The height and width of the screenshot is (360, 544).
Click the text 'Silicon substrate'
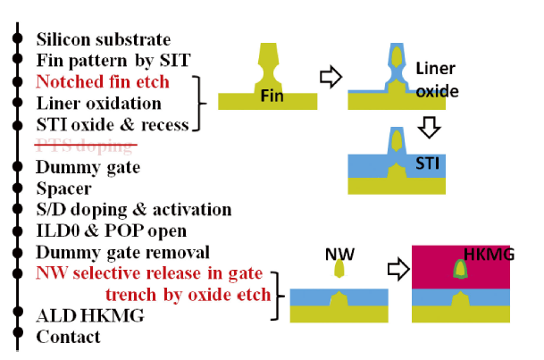(x=103, y=39)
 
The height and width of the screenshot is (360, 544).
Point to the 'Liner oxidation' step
(x=98, y=104)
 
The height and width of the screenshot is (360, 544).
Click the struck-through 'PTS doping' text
(x=86, y=146)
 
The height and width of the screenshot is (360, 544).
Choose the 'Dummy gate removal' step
(x=122, y=253)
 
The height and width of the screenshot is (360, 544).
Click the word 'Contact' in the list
(x=68, y=337)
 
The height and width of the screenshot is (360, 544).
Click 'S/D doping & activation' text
(x=133, y=210)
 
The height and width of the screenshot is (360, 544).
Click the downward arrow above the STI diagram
(x=429, y=126)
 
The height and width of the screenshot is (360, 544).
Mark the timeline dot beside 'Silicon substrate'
(x=17, y=39)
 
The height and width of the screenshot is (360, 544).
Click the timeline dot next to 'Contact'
(x=17, y=338)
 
